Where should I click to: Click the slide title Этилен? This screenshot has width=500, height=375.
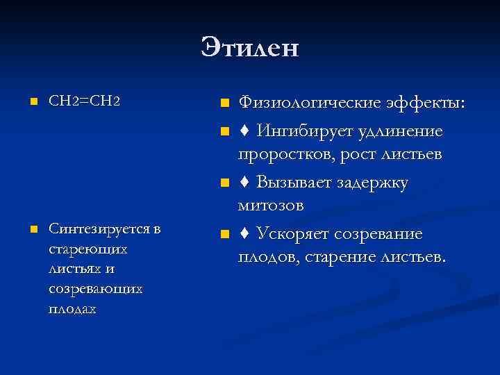(250, 48)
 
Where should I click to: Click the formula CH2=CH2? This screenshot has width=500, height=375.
(85, 101)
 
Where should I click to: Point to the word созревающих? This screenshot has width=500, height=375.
(96, 287)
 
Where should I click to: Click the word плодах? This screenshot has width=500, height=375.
(72, 308)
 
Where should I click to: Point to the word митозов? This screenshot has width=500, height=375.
(271, 206)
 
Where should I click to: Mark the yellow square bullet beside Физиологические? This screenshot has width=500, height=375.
(223, 104)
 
